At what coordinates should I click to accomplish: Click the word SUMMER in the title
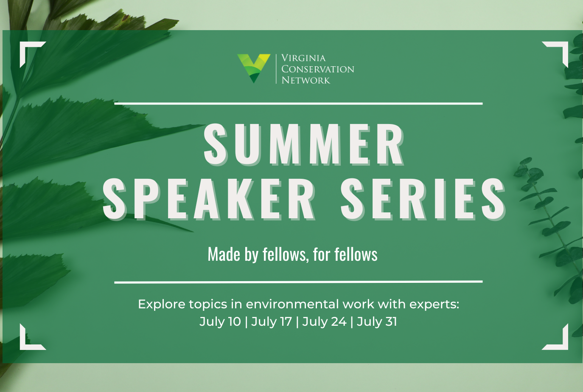click(304, 144)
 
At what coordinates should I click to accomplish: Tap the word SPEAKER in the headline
click(209, 199)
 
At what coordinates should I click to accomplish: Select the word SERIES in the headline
click(423, 199)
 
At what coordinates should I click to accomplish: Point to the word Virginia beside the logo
click(303, 58)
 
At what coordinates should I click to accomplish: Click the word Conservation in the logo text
click(318, 69)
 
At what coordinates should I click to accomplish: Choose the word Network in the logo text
click(306, 80)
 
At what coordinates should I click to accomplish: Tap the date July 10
click(220, 321)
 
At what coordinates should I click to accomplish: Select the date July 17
click(272, 321)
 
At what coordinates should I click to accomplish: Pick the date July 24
click(324, 321)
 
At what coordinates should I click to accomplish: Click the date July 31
click(377, 321)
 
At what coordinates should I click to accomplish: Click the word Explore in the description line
click(162, 305)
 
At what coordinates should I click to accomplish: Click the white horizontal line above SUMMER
click(298, 103)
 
